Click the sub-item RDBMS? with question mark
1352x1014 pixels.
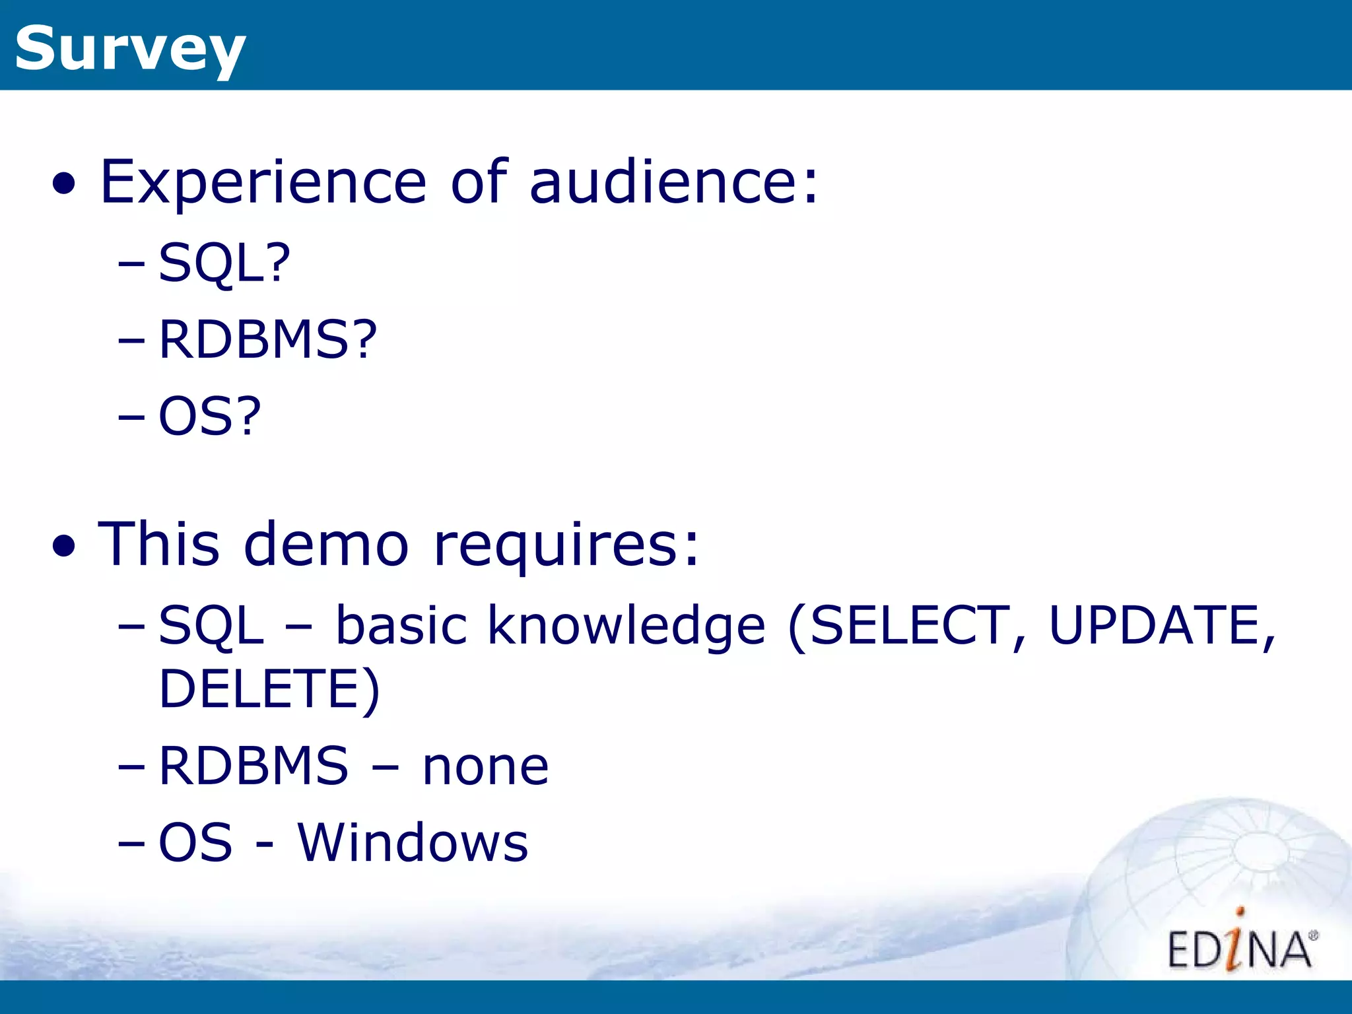pos(267,339)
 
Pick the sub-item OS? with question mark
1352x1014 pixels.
pos(210,416)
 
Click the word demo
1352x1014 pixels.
pos(326,545)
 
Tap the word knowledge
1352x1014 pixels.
pos(626,625)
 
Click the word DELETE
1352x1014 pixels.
pos(260,689)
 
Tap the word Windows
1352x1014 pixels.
pos(413,843)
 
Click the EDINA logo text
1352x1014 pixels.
pos(1240,949)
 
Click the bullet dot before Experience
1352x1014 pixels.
pos(64,186)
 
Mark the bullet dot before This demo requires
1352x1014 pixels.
pos(64,547)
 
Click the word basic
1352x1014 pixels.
pos(401,625)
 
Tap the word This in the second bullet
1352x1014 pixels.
pos(158,545)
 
